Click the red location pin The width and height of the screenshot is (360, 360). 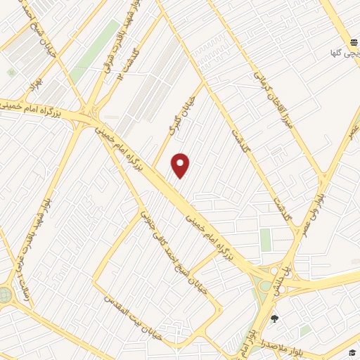(181, 166)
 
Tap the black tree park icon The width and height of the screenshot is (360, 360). (274, 318)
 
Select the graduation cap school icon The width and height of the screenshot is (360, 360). (351, 352)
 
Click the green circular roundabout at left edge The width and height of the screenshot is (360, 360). (5, 294)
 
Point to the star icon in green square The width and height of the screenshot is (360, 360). (11, 72)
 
